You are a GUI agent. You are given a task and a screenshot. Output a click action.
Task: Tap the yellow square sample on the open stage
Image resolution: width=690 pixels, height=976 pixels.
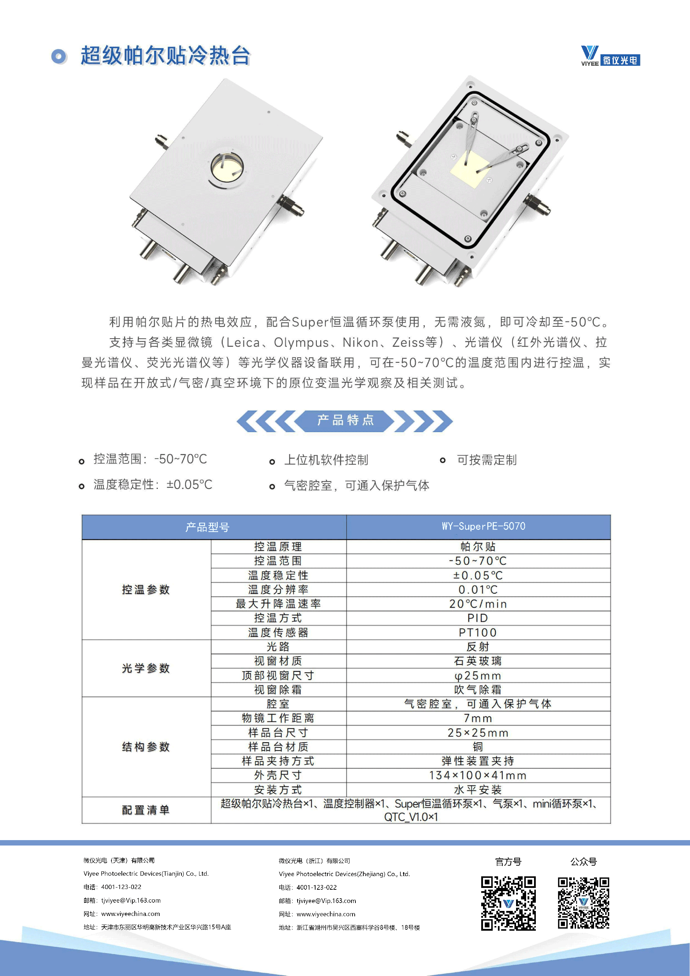tap(469, 169)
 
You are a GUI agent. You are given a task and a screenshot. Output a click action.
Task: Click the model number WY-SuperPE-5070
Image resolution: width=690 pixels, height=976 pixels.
tap(483, 526)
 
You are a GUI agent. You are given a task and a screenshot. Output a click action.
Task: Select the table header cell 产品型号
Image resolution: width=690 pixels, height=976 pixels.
tap(207, 527)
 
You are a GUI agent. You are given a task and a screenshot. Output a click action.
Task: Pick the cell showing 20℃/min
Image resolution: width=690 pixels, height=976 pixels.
tap(478, 604)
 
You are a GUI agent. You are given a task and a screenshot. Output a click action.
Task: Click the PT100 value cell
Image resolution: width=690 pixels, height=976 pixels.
tap(478, 633)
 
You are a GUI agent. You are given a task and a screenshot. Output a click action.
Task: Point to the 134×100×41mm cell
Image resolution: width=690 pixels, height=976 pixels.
tap(478, 775)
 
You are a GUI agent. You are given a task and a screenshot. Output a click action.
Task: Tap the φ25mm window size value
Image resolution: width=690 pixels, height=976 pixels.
tap(478, 675)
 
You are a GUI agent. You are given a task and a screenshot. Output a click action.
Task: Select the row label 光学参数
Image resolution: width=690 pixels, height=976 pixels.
tap(146, 668)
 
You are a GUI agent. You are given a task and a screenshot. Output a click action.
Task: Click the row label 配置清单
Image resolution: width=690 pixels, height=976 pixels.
tap(146, 810)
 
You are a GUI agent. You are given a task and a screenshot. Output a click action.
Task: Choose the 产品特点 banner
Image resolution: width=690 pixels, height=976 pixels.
tap(345, 420)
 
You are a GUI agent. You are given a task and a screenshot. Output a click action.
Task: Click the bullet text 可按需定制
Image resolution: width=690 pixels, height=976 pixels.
tap(487, 460)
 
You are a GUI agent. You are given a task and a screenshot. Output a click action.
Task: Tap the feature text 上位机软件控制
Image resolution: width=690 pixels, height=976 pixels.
tap(326, 460)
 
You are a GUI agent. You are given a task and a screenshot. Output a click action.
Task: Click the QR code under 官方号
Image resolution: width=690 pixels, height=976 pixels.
tap(508, 903)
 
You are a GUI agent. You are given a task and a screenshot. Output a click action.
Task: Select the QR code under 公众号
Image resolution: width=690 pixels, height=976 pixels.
tap(583, 903)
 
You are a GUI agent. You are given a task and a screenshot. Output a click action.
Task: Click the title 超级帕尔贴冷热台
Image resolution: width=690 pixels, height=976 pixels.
tap(165, 56)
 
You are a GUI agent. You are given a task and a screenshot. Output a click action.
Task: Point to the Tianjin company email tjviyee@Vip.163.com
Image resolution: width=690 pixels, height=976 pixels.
tap(131, 901)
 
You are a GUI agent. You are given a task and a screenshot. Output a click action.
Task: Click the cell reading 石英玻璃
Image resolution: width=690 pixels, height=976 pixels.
tap(478, 661)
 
